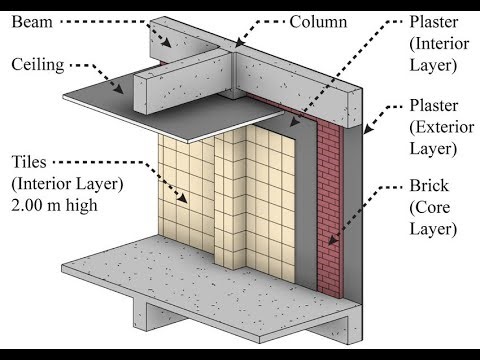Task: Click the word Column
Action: pyautogui.click(x=319, y=21)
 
